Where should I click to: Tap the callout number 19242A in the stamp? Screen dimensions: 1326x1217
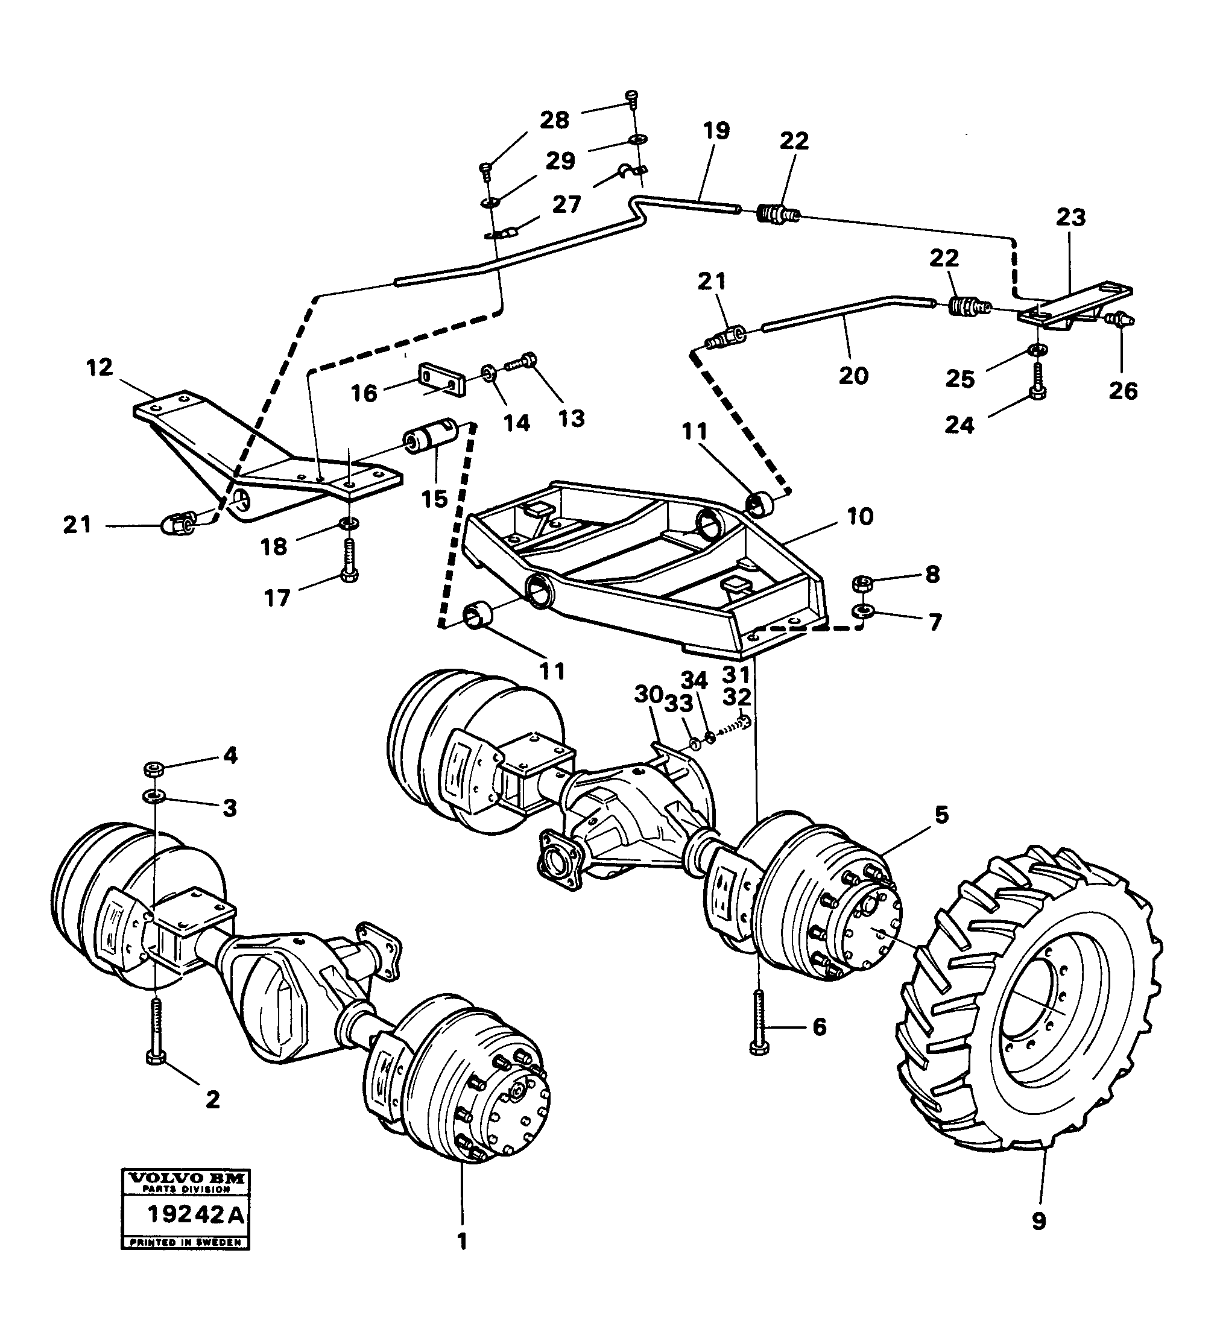point(186,1214)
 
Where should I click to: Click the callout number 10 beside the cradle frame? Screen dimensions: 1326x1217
point(859,517)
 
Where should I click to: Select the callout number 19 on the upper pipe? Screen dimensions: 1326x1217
point(716,131)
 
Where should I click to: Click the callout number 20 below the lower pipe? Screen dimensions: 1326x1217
point(853,376)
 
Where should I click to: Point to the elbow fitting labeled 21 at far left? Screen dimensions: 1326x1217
point(175,524)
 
